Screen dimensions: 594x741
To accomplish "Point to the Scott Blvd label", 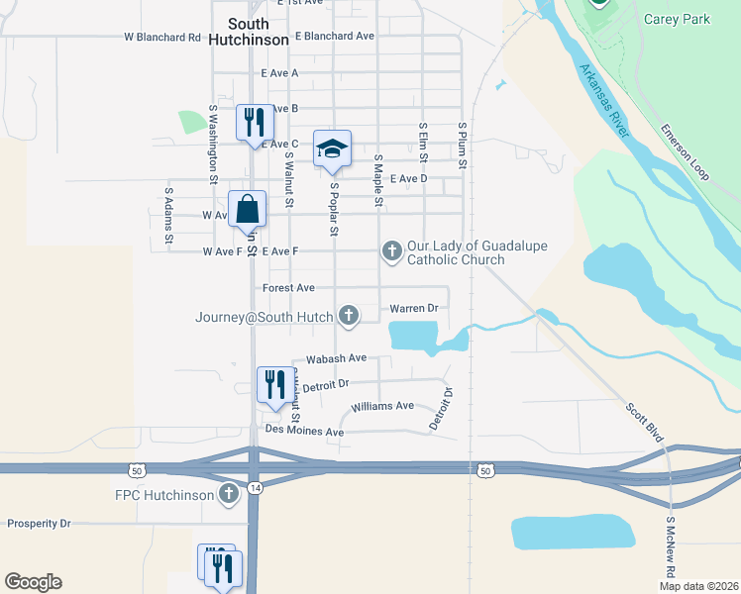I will pos(644,422).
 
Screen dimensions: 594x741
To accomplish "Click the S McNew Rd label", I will pos(671,545).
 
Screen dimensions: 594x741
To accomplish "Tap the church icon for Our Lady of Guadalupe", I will pos(391,252).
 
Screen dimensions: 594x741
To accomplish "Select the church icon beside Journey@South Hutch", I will pos(348,316).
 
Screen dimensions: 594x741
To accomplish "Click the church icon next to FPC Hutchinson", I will pos(229,493).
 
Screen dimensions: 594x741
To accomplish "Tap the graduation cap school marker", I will pos(332,148).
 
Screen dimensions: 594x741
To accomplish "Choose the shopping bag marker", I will pos(247,209).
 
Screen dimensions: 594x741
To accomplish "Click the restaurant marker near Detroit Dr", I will pos(274,385).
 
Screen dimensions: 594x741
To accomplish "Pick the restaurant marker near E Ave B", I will pos(254,123).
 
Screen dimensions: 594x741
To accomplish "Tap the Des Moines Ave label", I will pos(303,433).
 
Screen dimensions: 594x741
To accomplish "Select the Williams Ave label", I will pos(382,406).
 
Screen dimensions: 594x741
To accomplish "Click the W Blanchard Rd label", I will pos(161,37).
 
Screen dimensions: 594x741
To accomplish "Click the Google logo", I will pos(33,581).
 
